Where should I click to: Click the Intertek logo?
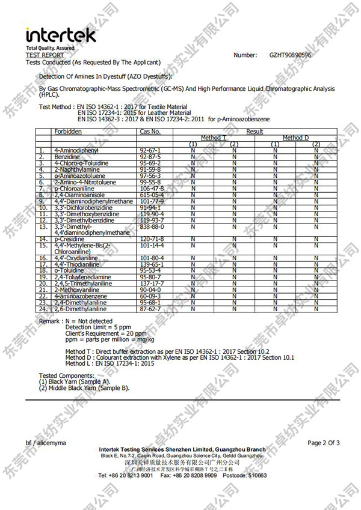point(60,35)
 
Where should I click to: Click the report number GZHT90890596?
point(291,55)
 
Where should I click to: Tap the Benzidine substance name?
point(67,156)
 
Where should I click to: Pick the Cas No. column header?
point(150,131)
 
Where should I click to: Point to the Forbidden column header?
point(67,131)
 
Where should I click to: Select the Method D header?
point(295,138)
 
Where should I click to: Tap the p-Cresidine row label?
point(67,239)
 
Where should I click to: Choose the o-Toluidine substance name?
point(67,271)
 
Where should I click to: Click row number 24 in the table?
point(43,309)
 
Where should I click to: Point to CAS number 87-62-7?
point(150,309)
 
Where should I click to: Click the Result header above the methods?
point(255,131)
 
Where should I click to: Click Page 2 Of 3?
point(324,443)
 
